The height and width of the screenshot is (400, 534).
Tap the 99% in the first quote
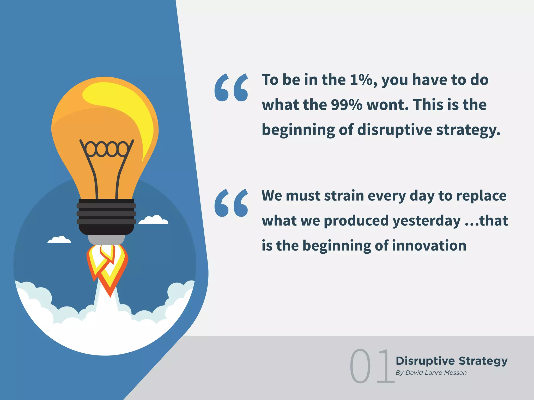[347, 105]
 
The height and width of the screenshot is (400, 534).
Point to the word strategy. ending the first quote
[468, 130]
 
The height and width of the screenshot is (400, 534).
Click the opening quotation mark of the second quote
[231, 203]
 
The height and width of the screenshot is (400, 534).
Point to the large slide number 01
[372, 366]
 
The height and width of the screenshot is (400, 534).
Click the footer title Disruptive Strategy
[452, 361]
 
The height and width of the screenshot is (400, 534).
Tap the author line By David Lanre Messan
[431, 373]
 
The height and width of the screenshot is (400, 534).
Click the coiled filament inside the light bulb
[107, 149]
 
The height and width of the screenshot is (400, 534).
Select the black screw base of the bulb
[106, 217]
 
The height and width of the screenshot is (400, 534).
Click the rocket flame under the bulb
[107, 268]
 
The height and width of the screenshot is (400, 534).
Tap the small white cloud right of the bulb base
[154, 220]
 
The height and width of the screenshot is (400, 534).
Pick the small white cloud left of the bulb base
[59, 240]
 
